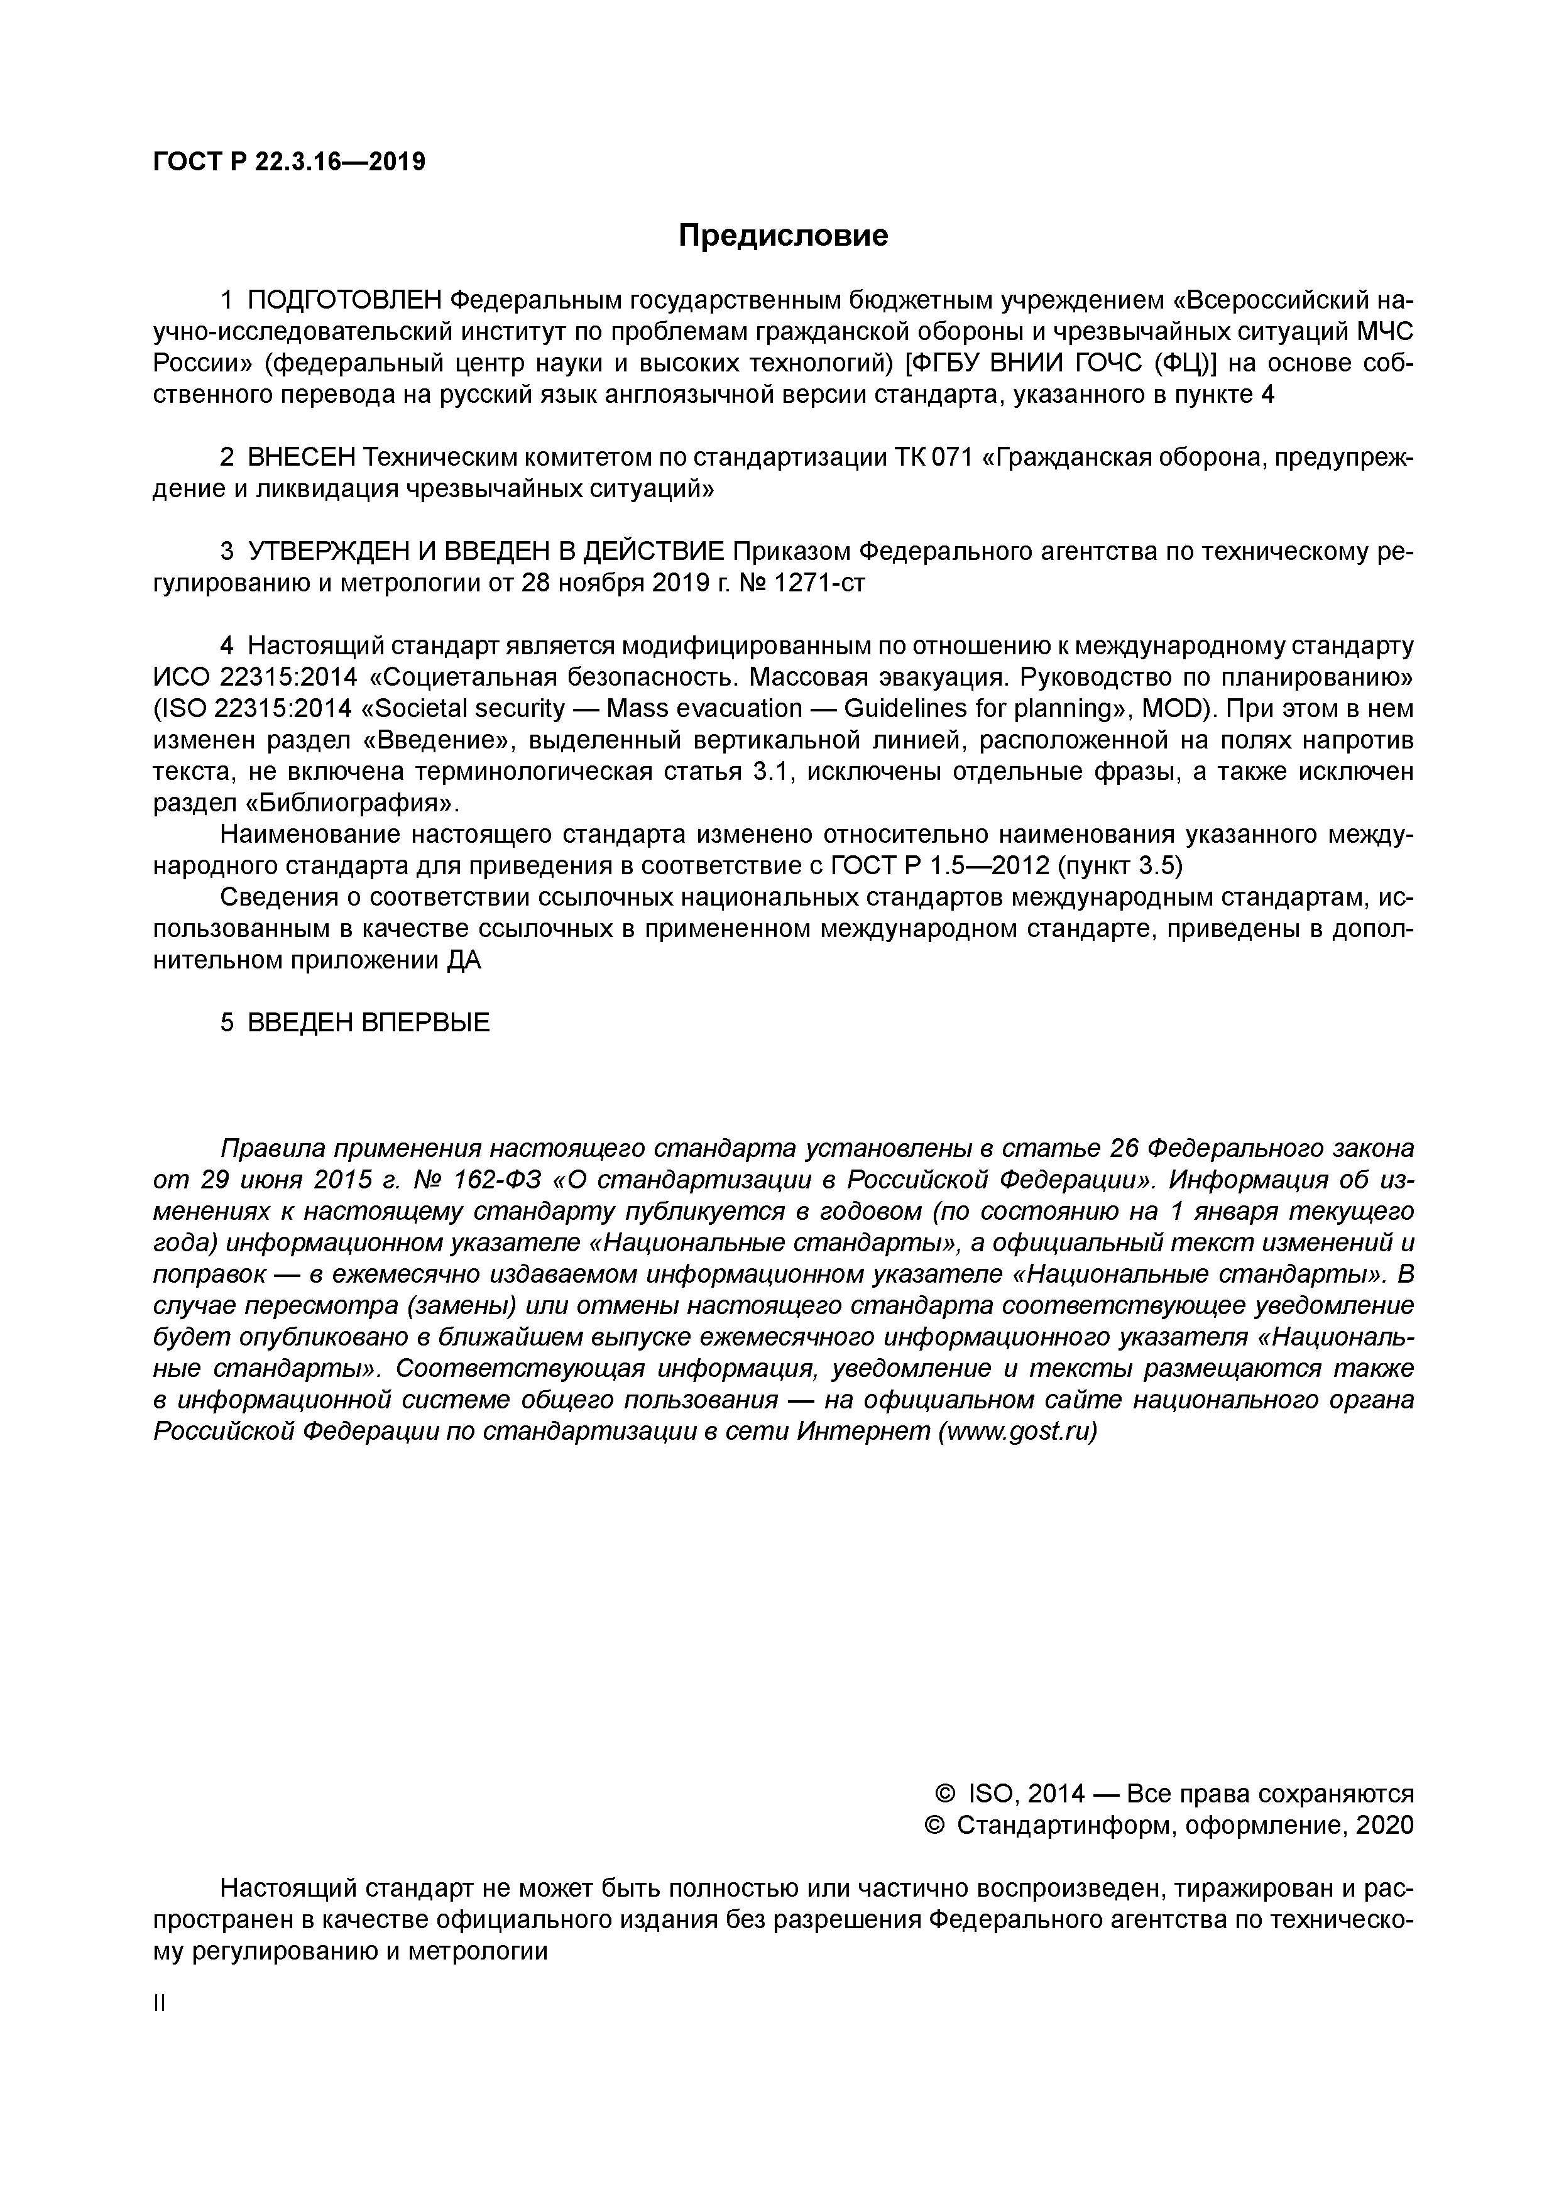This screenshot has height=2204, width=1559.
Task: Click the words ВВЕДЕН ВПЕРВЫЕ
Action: pos(369,1023)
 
